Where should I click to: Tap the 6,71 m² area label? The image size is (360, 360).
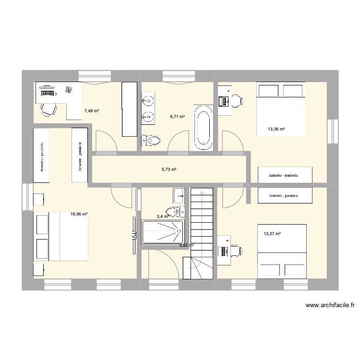pyautogui.click(x=178, y=116)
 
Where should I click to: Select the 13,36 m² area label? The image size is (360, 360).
pyautogui.click(x=276, y=129)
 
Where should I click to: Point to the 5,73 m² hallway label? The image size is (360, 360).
pyautogui.click(x=169, y=169)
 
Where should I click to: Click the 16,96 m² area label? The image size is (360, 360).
pyautogui.click(x=79, y=215)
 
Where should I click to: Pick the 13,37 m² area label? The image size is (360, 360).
pyautogui.click(x=272, y=234)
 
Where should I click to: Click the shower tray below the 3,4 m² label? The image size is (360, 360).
pyautogui.click(x=163, y=232)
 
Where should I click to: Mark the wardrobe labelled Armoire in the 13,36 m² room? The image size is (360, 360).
pyautogui.click(x=285, y=175)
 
